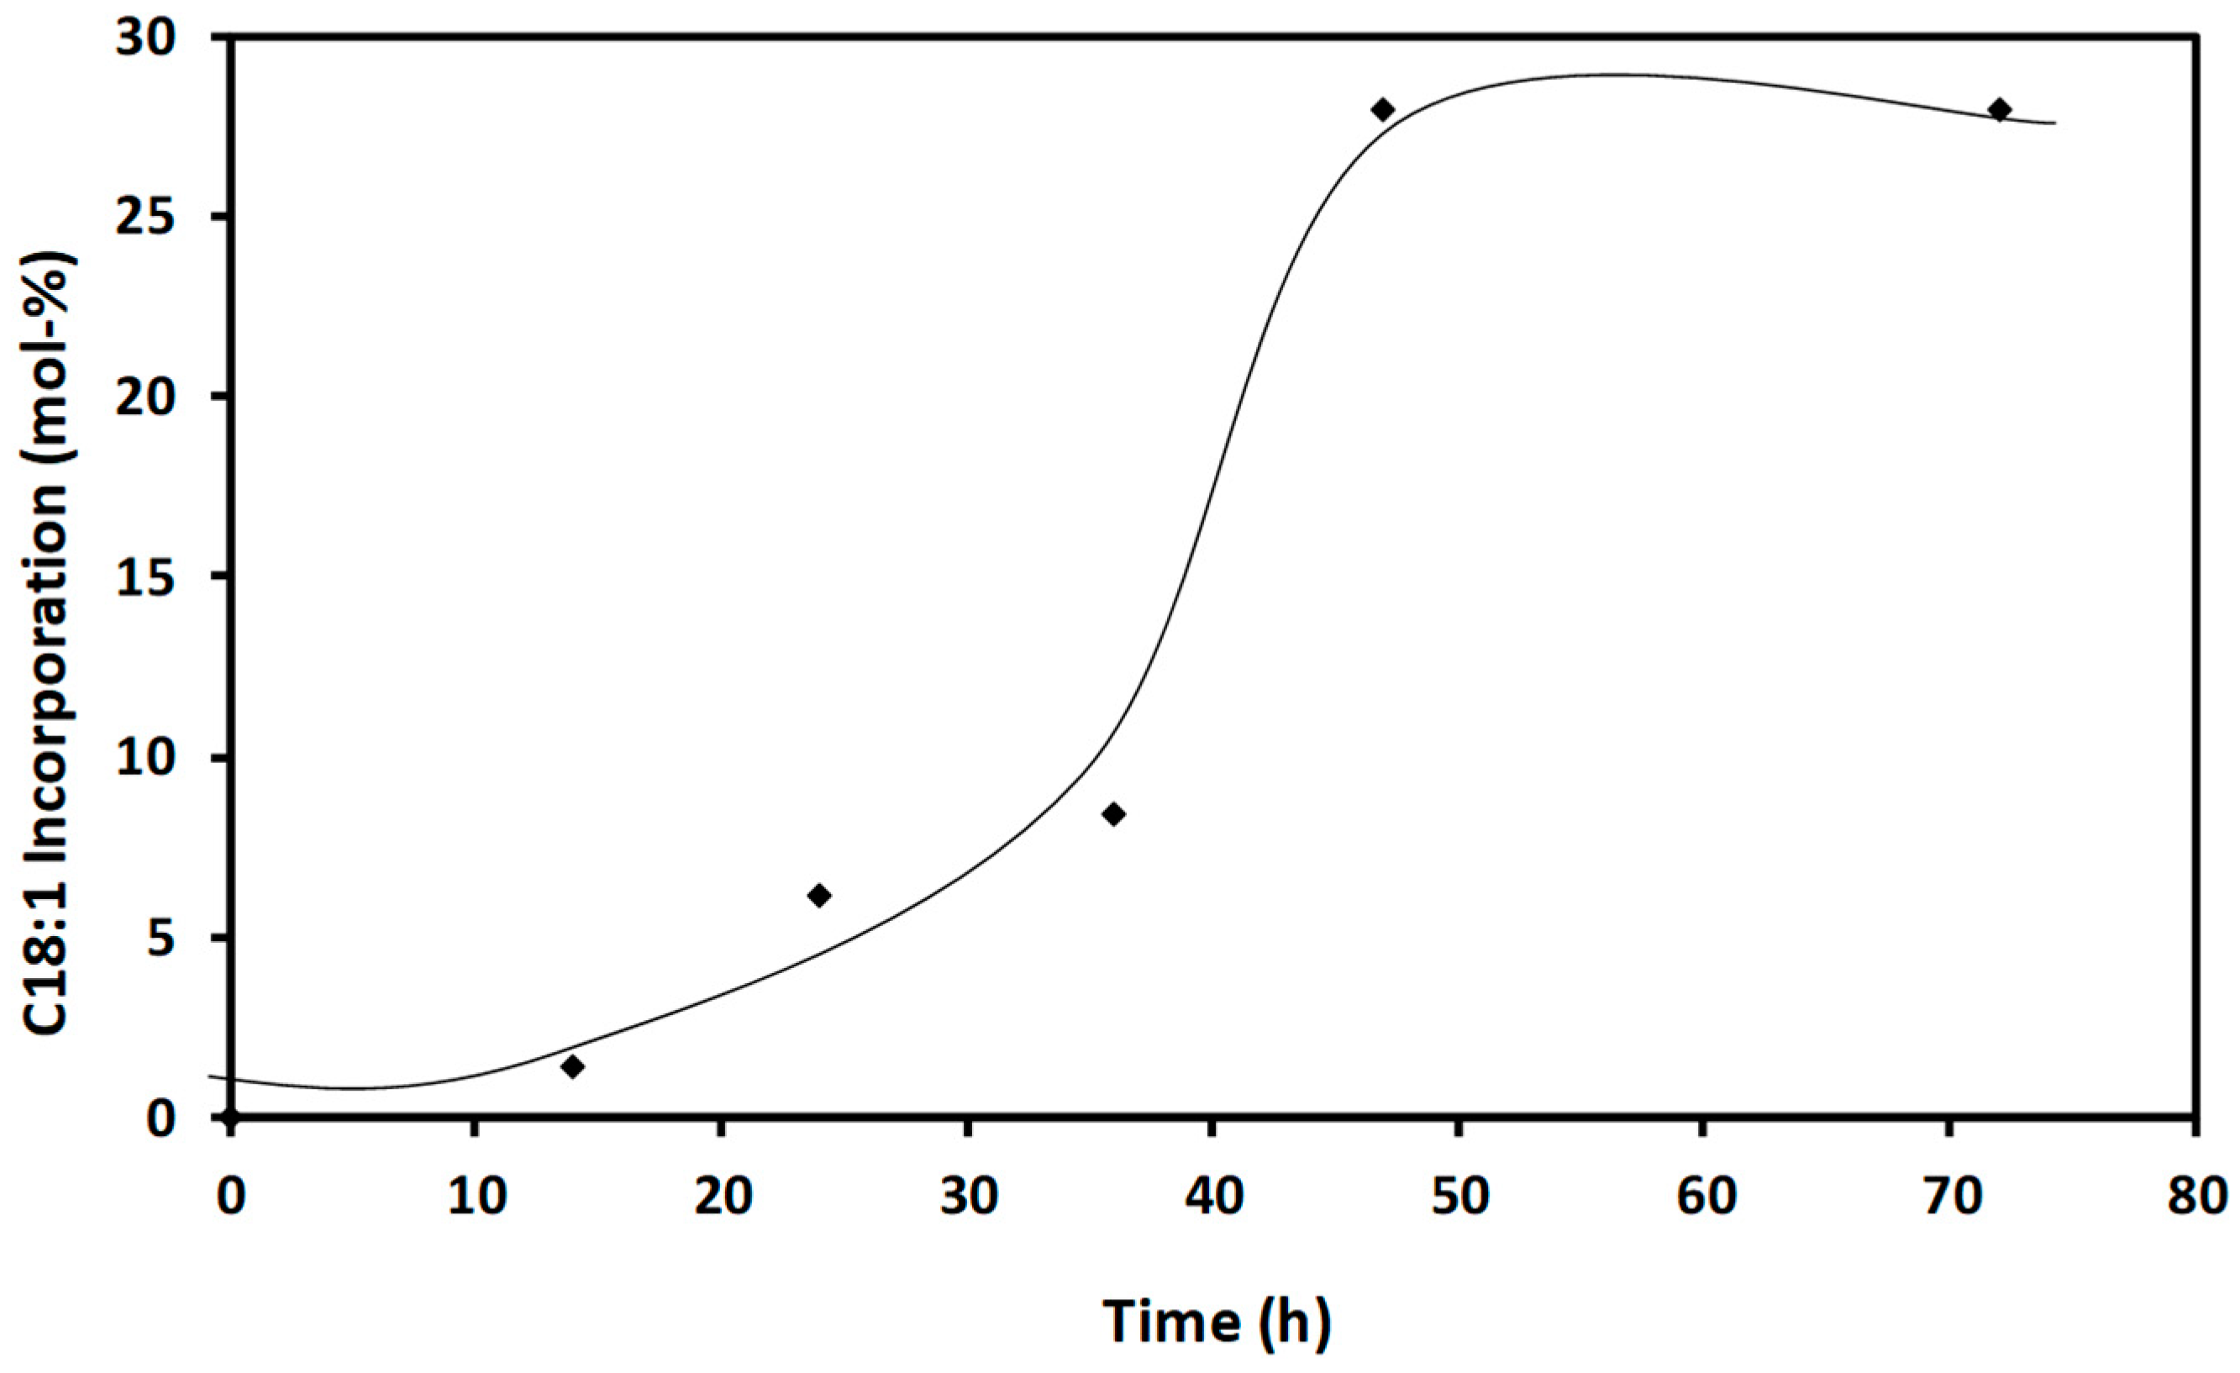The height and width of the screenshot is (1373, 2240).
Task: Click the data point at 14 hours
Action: [x=572, y=1065]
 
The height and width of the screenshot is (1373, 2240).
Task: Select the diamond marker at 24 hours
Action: [x=819, y=895]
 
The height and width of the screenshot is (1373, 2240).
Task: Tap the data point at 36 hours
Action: [x=1113, y=813]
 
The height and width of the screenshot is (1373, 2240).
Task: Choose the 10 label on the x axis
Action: [x=476, y=1198]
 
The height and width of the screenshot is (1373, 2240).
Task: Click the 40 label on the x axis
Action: [x=1215, y=1198]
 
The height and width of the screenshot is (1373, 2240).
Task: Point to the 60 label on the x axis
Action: [x=1705, y=1198]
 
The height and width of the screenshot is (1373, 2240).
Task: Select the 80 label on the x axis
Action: [x=2200, y=1198]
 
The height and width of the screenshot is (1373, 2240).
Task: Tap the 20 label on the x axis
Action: [x=723, y=1198]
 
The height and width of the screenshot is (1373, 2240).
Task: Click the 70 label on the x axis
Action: [x=1951, y=1198]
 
